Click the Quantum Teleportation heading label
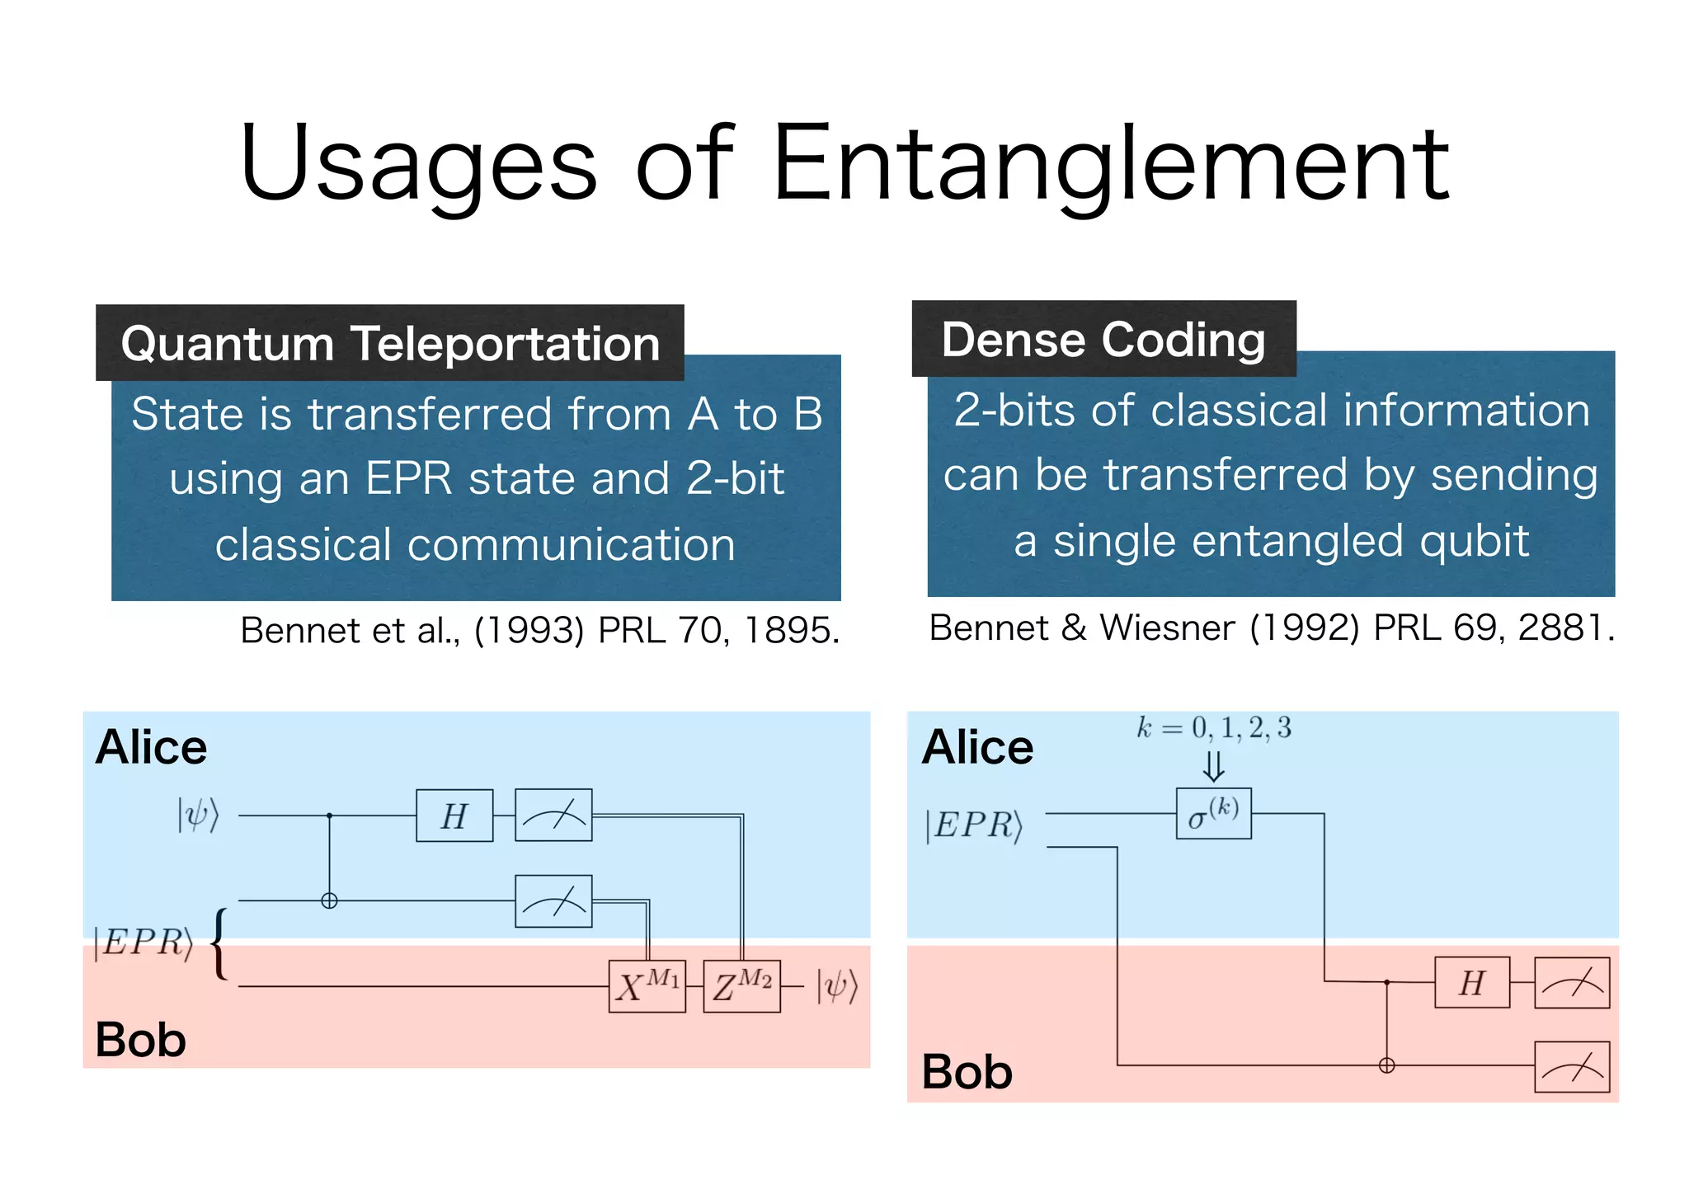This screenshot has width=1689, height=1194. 390,343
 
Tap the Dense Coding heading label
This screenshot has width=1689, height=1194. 1103,339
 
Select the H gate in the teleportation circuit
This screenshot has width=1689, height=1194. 454,816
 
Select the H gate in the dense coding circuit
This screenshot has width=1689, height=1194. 1472,982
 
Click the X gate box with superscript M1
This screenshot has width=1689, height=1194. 647,985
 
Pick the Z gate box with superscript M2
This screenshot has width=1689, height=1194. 741,985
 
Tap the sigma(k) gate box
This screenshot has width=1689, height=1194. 1213,814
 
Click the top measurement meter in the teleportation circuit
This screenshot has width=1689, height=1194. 553,815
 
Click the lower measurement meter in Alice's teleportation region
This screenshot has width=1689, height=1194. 553,901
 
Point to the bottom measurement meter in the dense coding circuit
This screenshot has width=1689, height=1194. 1572,1067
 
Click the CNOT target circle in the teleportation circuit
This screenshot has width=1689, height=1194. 329,900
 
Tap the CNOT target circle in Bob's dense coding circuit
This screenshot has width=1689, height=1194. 1387,1065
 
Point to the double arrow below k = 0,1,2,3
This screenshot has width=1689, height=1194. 1213,765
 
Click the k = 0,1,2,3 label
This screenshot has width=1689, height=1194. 1213,728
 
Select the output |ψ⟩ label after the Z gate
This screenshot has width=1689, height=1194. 837,985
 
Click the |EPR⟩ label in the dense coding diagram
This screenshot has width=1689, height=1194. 973,825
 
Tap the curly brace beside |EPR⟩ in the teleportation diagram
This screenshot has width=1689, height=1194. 219,943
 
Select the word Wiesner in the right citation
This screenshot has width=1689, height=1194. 1167,628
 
